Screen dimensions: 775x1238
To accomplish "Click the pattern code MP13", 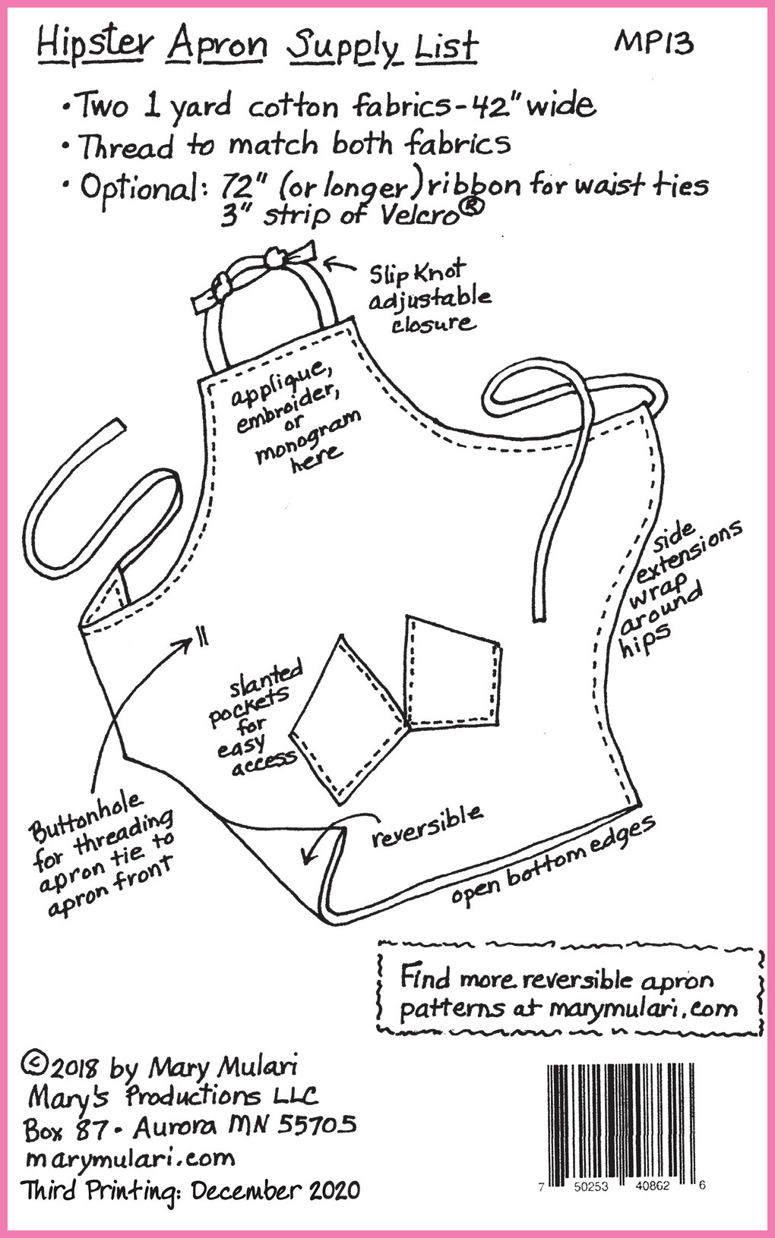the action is click(653, 43).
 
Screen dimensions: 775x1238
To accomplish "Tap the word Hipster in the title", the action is click(94, 46).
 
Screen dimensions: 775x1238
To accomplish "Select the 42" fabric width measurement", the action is click(490, 104).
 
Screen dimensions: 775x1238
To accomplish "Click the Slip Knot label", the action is click(418, 272).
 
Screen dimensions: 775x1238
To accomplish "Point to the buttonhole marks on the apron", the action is click(203, 638).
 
